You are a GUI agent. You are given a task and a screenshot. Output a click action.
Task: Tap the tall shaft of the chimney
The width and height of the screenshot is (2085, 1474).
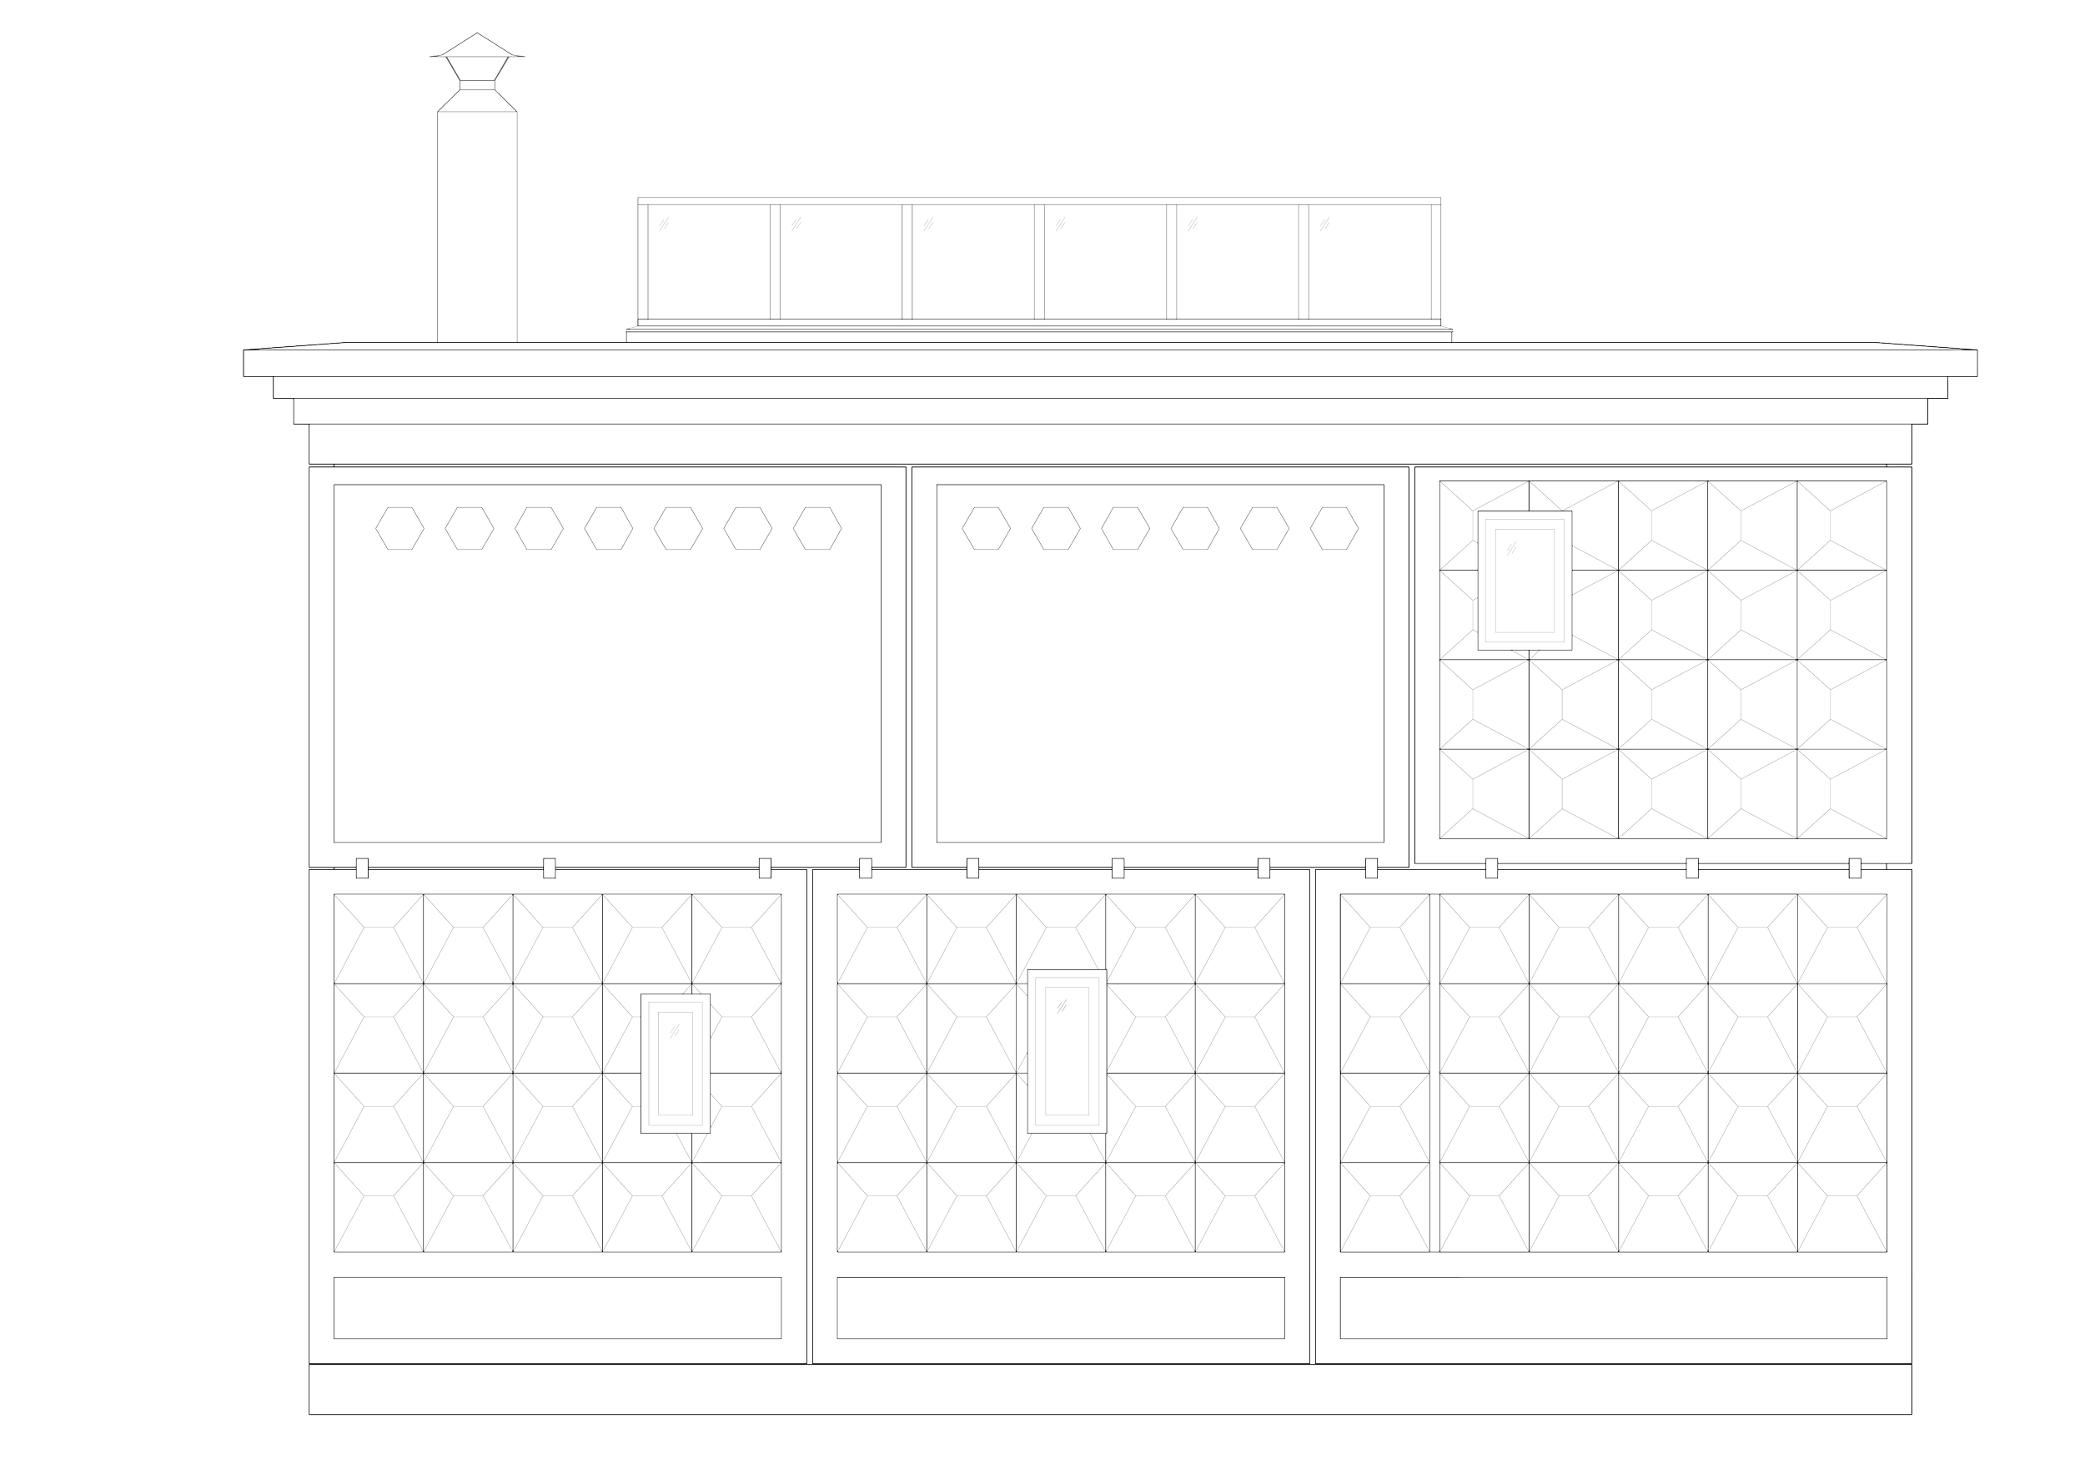point(479,227)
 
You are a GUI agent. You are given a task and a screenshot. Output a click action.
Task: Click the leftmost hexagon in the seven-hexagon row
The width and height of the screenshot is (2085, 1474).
point(399,529)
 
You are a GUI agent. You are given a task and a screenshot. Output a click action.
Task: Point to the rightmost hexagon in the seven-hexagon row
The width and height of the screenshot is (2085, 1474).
point(817,529)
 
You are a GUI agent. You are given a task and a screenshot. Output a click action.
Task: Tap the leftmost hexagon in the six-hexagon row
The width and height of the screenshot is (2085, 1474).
point(986,529)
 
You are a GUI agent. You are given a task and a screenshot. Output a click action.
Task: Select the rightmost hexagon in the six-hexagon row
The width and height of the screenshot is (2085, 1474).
point(1334,529)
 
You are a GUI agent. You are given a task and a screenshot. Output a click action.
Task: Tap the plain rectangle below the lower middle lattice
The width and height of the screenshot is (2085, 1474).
point(1060,1308)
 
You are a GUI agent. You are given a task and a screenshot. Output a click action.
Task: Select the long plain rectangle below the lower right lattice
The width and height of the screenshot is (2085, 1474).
point(1614,1308)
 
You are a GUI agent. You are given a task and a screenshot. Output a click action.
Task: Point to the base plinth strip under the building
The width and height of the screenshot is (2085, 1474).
point(1112,1391)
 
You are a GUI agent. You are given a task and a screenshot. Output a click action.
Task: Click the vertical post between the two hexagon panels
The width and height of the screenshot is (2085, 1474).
point(909,667)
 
